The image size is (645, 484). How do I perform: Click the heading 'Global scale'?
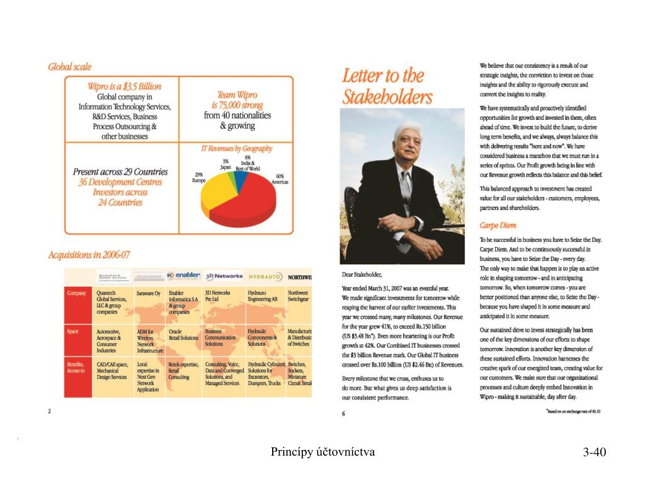click(70, 67)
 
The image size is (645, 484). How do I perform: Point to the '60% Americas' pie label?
click(280, 179)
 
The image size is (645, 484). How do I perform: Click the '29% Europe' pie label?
click(198, 177)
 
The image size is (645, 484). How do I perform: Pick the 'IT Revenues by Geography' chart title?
click(236, 149)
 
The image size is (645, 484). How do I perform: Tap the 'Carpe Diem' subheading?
click(498, 225)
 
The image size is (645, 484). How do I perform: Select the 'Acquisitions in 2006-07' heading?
click(89, 255)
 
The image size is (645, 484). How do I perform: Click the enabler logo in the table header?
click(183, 276)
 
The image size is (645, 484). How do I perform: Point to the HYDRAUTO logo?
click(265, 277)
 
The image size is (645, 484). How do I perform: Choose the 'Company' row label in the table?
click(77, 293)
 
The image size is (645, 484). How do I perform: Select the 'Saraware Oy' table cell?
click(149, 294)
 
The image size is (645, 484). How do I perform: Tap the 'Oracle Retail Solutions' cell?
click(183, 334)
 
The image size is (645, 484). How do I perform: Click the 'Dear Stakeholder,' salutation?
click(362, 274)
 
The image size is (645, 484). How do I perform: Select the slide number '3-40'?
click(594, 452)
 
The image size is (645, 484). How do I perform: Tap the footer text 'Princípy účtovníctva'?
click(322, 451)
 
